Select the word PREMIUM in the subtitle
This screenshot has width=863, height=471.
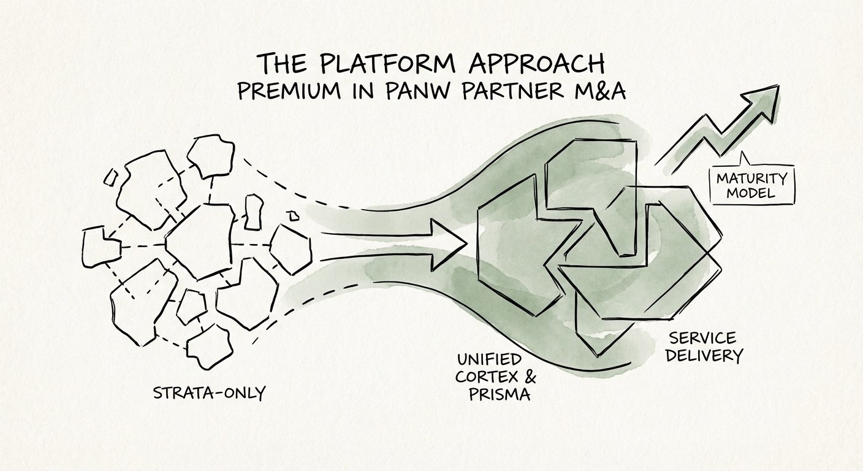[x=289, y=91]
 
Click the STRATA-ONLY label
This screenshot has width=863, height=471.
[x=209, y=392]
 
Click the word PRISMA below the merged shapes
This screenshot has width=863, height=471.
[x=500, y=394]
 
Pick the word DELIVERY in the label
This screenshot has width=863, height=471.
[x=705, y=355]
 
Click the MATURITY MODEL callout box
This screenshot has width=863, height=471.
[x=751, y=185]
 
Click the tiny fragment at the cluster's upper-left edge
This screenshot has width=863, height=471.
[x=111, y=177]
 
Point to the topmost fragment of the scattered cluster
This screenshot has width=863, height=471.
[x=210, y=156]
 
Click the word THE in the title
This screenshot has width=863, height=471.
[x=279, y=64]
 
